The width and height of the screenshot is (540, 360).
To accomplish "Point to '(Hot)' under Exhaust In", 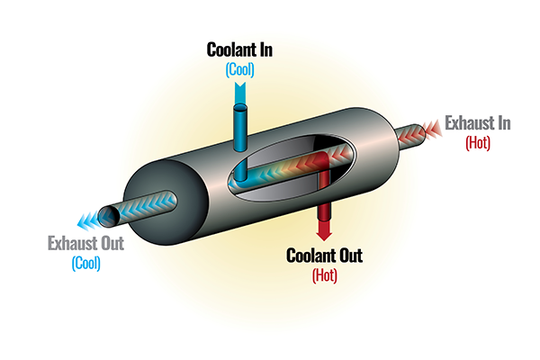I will click(477, 141).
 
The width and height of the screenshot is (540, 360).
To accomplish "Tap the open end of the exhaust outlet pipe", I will click(109, 214).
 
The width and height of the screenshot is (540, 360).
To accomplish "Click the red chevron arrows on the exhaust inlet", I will click(421, 131).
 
